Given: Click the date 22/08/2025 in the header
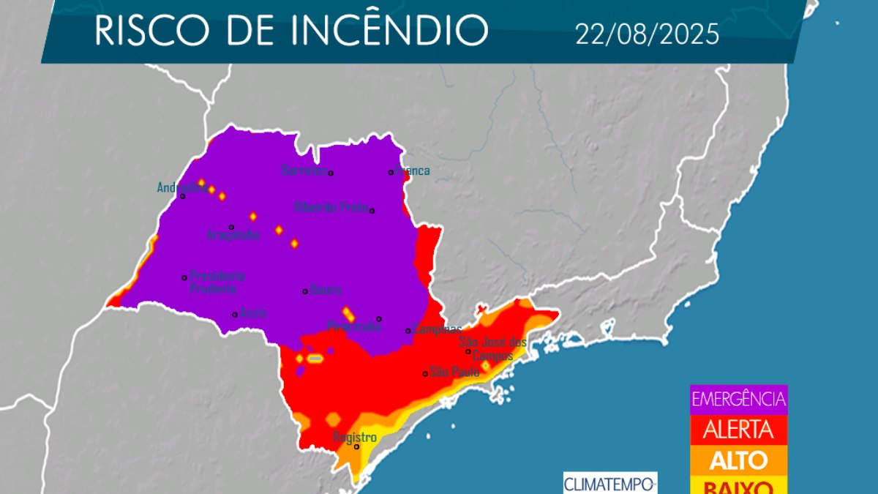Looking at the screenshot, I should pyautogui.click(x=647, y=34).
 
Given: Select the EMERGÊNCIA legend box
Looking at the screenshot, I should pyautogui.click(x=738, y=400).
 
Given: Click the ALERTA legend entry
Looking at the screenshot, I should pyautogui.click(x=738, y=430).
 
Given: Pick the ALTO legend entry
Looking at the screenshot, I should pyautogui.click(x=738, y=460).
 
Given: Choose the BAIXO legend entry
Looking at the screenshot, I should pyautogui.click(x=738, y=486).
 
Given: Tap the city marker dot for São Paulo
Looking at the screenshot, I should pyautogui.click(x=425, y=374).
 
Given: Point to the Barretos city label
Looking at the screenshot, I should pyautogui.click(x=303, y=170).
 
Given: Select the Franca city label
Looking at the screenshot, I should pyautogui.click(x=413, y=171).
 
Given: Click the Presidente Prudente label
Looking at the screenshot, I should pyautogui.click(x=217, y=282).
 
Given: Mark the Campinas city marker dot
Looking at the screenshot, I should pyautogui.click(x=408, y=331).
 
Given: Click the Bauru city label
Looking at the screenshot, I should pyautogui.click(x=326, y=289).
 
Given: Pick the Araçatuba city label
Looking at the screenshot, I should pyautogui.click(x=233, y=235).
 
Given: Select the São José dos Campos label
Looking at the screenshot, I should pyautogui.click(x=493, y=348).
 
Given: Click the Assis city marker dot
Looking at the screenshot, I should pyautogui.click(x=235, y=315).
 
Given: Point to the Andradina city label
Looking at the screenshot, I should pyautogui.click(x=176, y=187).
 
